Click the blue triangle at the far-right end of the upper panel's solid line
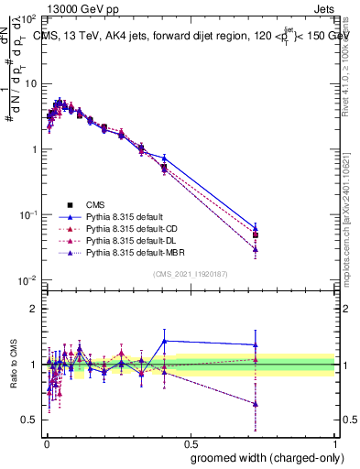(256, 225)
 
